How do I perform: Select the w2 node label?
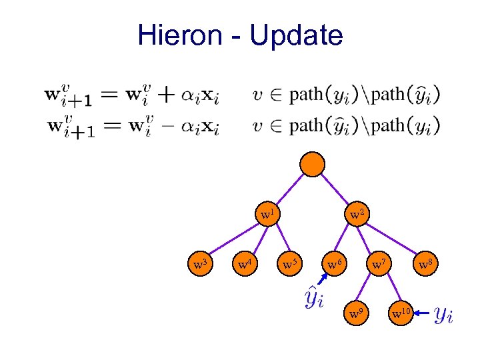click(356, 215)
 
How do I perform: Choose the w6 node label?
click(334, 265)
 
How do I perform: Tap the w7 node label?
click(378, 265)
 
